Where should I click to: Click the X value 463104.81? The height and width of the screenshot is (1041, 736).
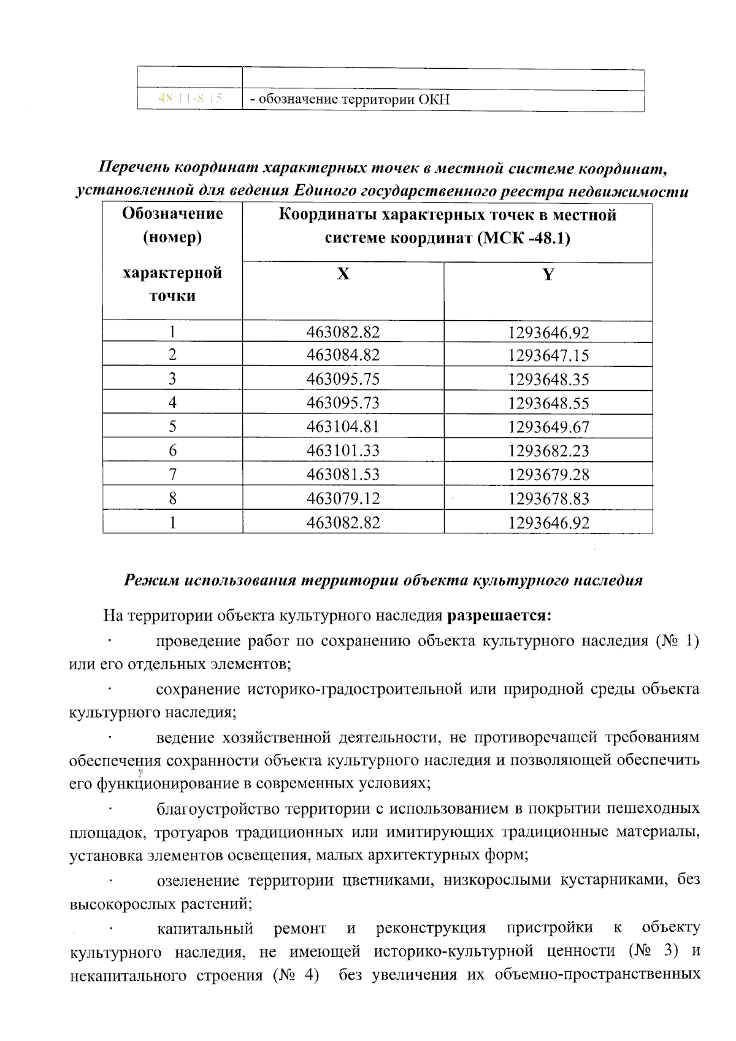coord(343,426)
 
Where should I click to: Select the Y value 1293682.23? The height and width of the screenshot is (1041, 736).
coord(548,451)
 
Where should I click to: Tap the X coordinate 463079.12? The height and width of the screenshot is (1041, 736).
coord(343,498)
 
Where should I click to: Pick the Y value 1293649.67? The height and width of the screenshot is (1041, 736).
coord(548,427)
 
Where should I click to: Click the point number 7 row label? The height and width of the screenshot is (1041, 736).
coord(172,474)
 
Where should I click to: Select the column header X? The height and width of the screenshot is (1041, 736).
coord(343,274)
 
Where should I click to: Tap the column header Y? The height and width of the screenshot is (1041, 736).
coord(548,275)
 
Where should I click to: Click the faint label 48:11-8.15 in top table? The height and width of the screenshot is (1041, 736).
coord(190,99)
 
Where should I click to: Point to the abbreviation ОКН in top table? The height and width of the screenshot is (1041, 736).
coord(434,99)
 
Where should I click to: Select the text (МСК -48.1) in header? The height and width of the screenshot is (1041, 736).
coord(523,238)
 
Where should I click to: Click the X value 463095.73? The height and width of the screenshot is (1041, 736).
coord(343,402)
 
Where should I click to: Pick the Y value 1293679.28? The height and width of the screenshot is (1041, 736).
coord(548,475)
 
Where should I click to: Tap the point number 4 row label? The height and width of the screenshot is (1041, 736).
coord(172,402)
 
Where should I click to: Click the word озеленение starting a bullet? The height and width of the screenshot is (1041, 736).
coord(199,881)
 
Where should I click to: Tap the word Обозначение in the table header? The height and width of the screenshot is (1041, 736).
coord(172,213)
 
